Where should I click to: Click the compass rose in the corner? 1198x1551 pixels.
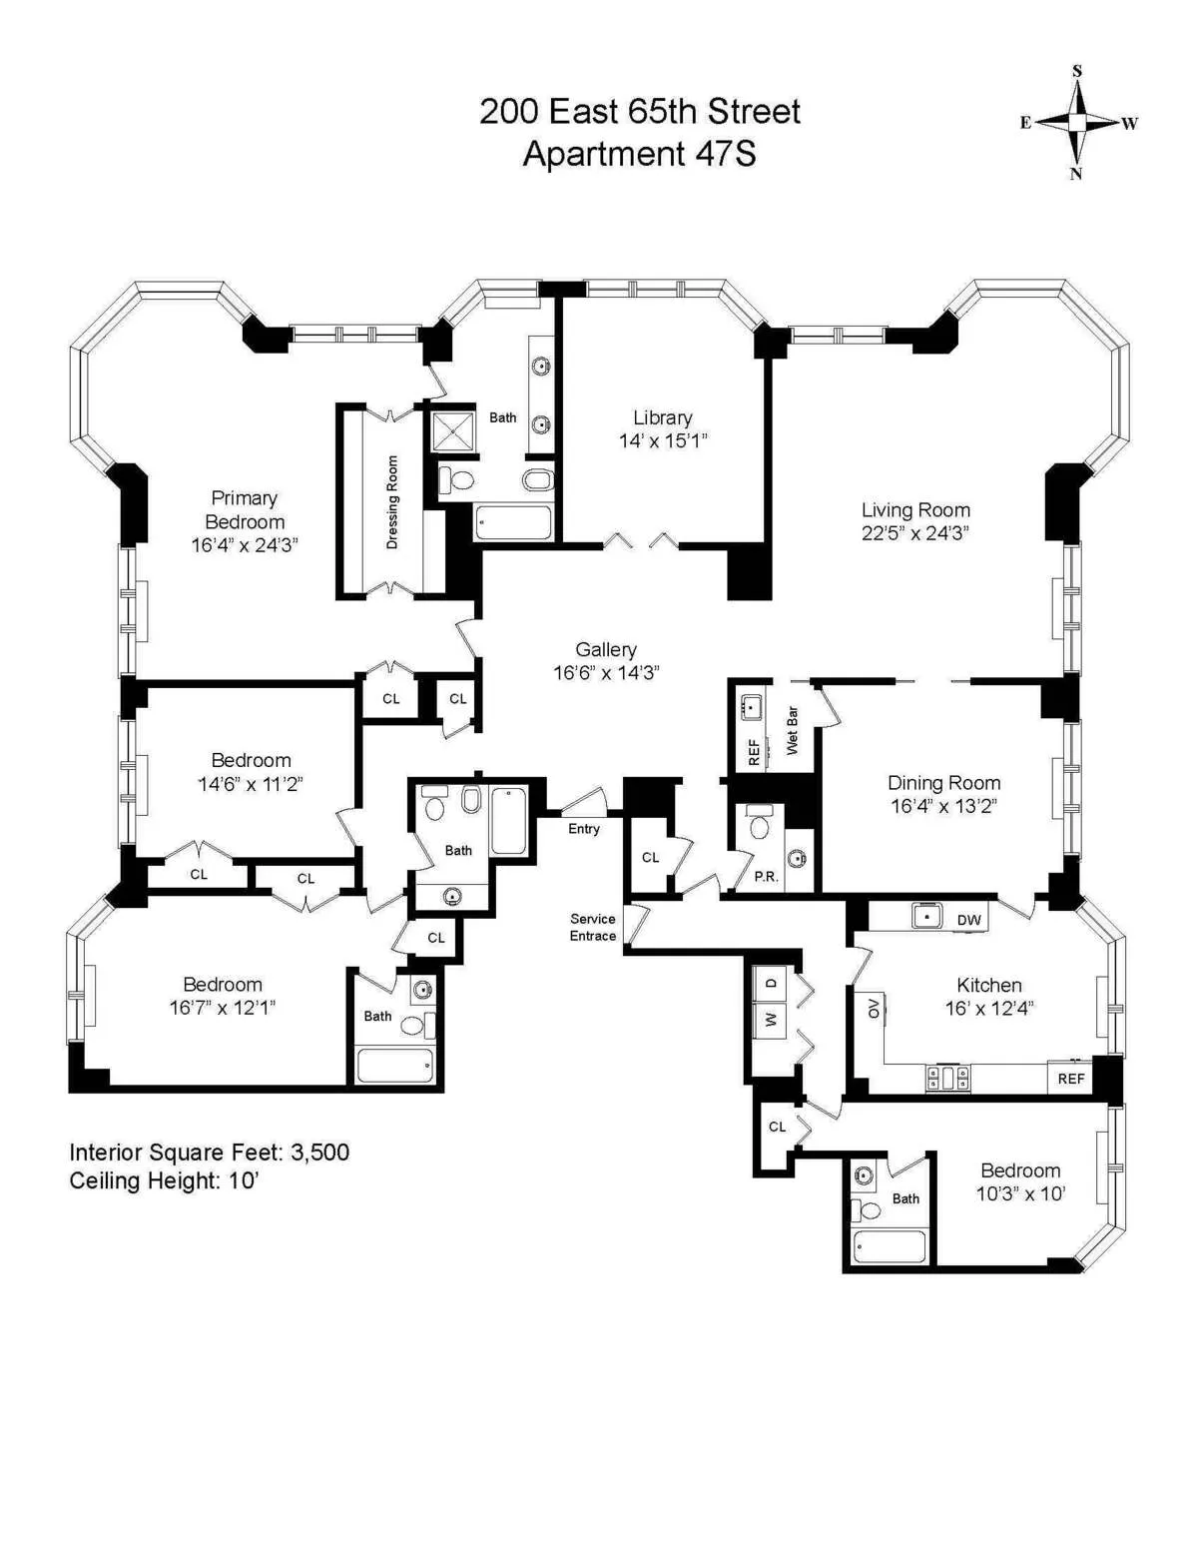pyautogui.click(x=1077, y=123)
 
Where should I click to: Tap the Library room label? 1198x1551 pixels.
pyautogui.click(x=662, y=417)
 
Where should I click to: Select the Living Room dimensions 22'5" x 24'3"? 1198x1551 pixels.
pyautogui.click(x=915, y=533)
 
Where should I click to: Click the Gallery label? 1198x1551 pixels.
pyautogui.click(x=606, y=649)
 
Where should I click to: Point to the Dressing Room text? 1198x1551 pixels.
pyautogui.click(x=392, y=502)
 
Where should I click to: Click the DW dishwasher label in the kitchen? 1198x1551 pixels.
pyautogui.click(x=968, y=920)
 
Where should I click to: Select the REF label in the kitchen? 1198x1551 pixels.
pyautogui.click(x=1071, y=1079)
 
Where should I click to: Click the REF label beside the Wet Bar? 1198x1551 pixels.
pyautogui.click(x=754, y=752)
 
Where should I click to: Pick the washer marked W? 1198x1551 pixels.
pyautogui.click(x=771, y=1020)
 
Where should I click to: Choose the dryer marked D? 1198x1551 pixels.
pyautogui.click(x=771, y=983)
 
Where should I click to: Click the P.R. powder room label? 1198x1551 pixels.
pyautogui.click(x=766, y=877)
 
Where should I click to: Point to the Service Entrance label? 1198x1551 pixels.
pyautogui.click(x=593, y=927)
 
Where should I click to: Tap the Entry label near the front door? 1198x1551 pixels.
pyautogui.click(x=584, y=829)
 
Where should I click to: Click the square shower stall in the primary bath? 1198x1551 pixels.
pyautogui.click(x=456, y=431)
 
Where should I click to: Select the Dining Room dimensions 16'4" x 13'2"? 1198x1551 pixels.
pyautogui.click(x=943, y=806)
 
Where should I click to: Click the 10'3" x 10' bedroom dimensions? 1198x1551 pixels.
pyautogui.click(x=1020, y=1193)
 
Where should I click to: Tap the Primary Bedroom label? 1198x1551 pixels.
pyautogui.click(x=245, y=509)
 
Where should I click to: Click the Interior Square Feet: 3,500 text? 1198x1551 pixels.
pyautogui.click(x=210, y=1153)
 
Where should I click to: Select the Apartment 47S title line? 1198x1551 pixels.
pyautogui.click(x=639, y=154)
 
